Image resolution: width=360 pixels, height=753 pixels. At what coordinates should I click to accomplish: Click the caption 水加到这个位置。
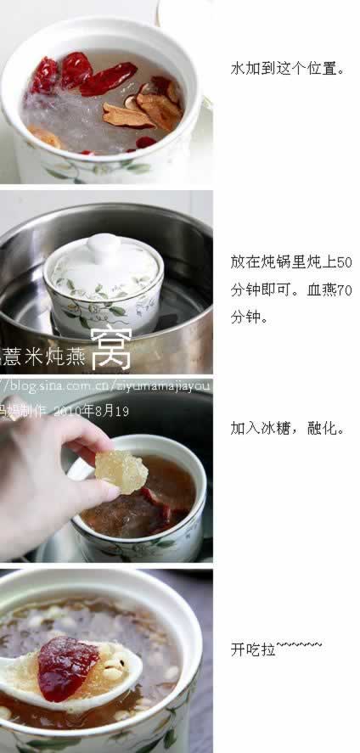click(288, 69)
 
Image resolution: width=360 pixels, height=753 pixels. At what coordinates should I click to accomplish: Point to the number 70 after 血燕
click(344, 289)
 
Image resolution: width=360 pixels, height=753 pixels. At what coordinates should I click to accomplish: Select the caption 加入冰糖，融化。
click(288, 428)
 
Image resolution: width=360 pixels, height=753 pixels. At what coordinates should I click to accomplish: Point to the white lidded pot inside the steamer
click(103, 284)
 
